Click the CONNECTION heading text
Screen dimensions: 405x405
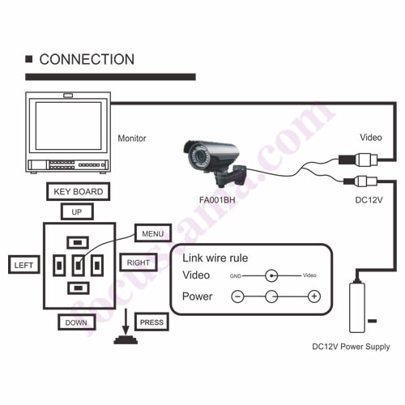click(x=87, y=59)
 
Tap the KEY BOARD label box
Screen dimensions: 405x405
click(x=79, y=191)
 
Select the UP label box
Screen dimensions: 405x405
click(x=77, y=212)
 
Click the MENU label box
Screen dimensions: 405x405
click(x=153, y=233)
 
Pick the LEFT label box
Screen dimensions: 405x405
click(x=24, y=265)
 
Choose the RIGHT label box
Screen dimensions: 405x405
click(x=139, y=262)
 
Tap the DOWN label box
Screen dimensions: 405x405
click(x=77, y=322)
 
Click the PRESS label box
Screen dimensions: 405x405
click(x=151, y=322)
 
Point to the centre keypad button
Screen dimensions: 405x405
click(x=78, y=266)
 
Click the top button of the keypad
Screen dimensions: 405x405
click(x=78, y=242)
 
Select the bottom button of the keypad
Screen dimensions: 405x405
click(x=79, y=288)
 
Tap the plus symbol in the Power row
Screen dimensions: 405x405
click(x=314, y=296)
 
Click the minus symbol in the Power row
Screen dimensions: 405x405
click(x=237, y=296)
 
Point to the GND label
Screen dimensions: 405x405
click(x=236, y=276)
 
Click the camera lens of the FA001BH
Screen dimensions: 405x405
click(x=198, y=156)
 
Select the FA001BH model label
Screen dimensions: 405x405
click(x=217, y=200)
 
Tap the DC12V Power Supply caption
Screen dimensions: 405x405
click(x=351, y=347)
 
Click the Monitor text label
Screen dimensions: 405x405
click(x=132, y=139)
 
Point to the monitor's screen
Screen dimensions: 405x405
click(x=68, y=126)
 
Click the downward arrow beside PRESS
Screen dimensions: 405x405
click(x=126, y=322)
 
